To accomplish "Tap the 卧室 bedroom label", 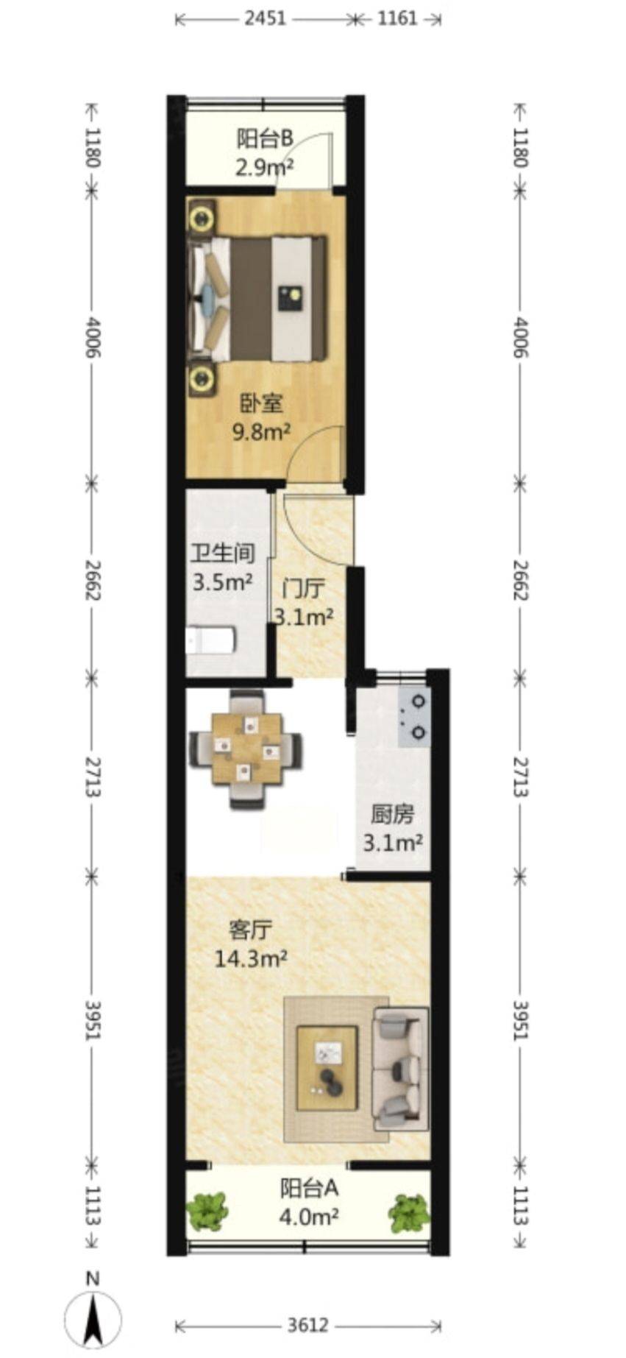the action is point(261,403).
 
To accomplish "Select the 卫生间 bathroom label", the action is point(223,553).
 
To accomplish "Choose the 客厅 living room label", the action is point(250,930).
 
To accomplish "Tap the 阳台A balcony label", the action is point(309,1188).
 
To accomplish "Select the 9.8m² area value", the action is point(261,431).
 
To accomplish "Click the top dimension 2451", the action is point(265,18).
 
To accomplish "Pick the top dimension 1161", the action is point(397,18).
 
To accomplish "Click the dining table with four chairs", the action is point(246,749).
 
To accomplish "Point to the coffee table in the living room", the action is point(327,1068).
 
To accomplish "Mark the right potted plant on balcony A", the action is point(409,1213).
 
